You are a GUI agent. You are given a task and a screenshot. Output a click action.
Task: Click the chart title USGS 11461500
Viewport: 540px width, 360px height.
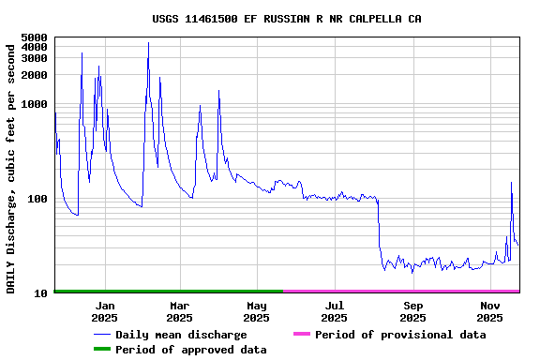(287, 19)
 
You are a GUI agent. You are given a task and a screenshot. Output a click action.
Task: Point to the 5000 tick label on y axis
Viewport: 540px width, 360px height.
(35, 37)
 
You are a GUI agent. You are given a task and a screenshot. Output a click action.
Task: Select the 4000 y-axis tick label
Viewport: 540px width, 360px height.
(35, 47)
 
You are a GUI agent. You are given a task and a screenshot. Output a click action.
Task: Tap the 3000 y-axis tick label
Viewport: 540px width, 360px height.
(35, 58)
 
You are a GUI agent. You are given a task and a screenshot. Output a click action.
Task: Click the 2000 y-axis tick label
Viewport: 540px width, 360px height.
(35, 75)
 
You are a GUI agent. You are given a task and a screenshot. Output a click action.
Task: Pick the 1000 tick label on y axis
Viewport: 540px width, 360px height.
(35, 104)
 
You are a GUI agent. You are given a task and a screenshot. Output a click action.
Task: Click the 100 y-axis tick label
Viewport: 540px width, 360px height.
(37, 199)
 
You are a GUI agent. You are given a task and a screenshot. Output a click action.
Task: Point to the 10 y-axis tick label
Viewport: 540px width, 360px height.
(41, 293)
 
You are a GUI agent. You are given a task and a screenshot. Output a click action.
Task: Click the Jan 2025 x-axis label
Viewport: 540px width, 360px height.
(104, 311)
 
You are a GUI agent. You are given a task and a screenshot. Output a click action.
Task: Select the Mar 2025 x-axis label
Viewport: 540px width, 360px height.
(180, 311)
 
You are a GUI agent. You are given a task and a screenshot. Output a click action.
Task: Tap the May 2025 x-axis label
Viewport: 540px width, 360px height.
(257, 311)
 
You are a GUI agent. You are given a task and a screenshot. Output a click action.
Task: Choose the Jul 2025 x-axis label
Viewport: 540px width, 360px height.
(335, 311)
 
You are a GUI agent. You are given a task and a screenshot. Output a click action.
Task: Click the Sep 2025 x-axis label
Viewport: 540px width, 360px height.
(412, 311)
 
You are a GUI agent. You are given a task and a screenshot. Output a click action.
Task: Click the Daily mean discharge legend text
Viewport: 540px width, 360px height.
(194, 335)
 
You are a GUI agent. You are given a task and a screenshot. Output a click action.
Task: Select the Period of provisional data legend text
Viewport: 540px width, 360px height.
(400, 335)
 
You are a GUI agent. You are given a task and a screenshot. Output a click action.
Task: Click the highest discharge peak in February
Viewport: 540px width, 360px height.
(148, 43)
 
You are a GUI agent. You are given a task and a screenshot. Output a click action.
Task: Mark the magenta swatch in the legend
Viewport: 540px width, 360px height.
(301, 335)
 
